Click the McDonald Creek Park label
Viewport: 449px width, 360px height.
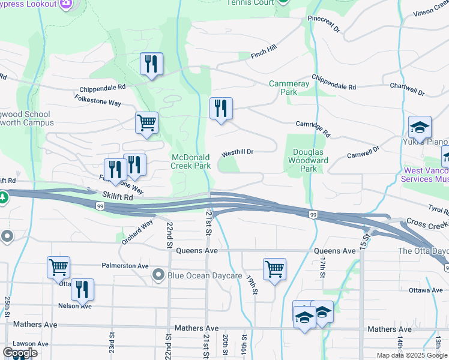(x=191, y=161)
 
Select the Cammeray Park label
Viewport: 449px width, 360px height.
(x=289, y=88)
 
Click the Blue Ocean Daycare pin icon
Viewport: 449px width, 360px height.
(x=158, y=275)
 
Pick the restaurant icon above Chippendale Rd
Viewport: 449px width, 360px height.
(x=151, y=64)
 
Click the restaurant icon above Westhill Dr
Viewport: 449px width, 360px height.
(x=221, y=109)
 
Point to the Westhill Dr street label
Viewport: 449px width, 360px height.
(x=237, y=152)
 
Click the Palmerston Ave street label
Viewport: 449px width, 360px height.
(x=125, y=265)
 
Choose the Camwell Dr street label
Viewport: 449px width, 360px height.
(x=363, y=152)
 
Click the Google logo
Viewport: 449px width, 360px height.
(x=20, y=353)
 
